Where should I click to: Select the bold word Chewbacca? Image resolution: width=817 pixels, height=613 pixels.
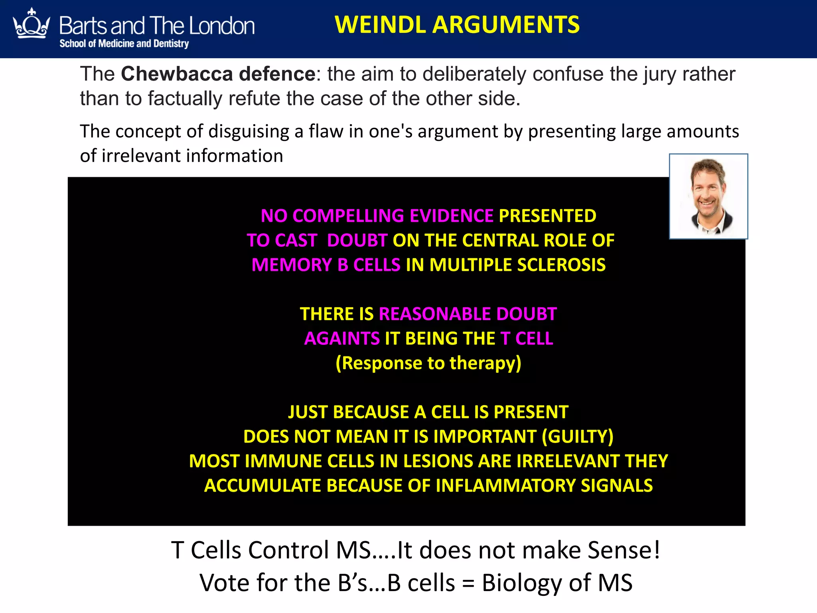pyautogui.click(x=178, y=74)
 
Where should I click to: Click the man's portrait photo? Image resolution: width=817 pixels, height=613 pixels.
pyautogui.click(x=708, y=196)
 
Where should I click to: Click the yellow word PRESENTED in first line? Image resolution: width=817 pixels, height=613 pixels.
pyautogui.click(x=547, y=216)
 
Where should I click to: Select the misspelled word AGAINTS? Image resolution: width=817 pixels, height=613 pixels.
pyautogui.click(x=342, y=338)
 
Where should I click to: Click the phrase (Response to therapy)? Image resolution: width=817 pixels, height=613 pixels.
pyautogui.click(x=428, y=363)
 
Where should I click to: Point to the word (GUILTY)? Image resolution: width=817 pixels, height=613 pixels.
pyautogui.click(x=577, y=437)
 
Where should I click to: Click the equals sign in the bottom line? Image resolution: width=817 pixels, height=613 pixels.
pyautogui.click(x=468, y=583)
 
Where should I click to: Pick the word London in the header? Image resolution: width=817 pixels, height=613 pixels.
pyautogui.click(x=221, y=26)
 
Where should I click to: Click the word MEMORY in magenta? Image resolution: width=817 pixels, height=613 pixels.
pyautogui.click(x=292, y=265)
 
